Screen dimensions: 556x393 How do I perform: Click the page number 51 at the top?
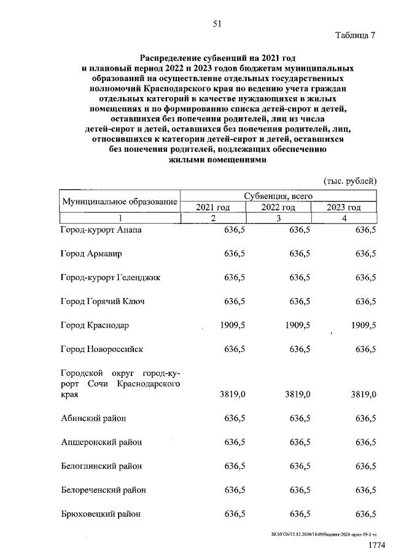pyautogui.click(x=216, y=24)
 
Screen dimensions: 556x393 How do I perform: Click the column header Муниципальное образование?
pyautogui.click(x=119, y=202)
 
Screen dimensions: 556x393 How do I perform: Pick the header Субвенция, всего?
pyautogui.click(x=278, y=196)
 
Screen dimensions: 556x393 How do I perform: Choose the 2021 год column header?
pyautogui.click(x=212, y=208)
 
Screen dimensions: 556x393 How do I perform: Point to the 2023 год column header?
pyautogui.click(x=344, y=208)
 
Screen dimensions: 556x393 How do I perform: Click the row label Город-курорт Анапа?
pyautogui.click(x=101, y=230)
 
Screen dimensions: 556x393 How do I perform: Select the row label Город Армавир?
pyautogui.click(x=91, y=254)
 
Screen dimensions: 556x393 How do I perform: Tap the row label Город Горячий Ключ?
pyautogui.click(x=103, y=302)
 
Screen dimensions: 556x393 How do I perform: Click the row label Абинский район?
pyautogui.click(x=94, y=419)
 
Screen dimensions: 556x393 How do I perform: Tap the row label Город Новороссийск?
pyautogui.click(x=102, y=350)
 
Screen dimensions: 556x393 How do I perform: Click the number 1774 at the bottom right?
pyautogui.click(x=376, y=546)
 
